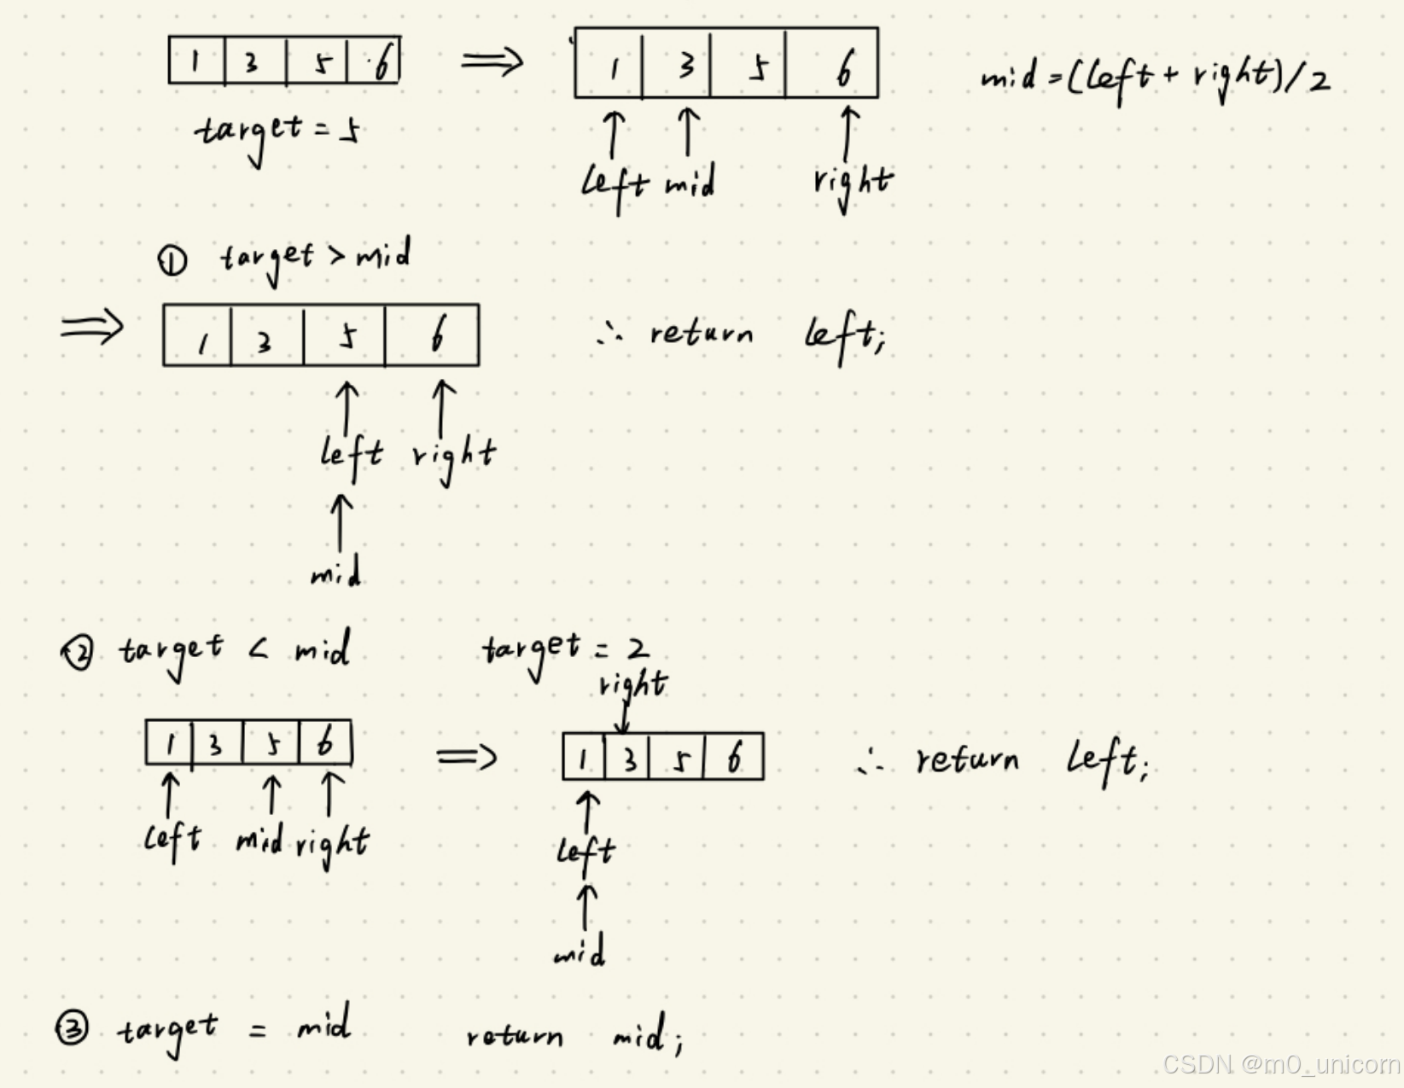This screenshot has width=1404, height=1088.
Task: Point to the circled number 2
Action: (78, 655)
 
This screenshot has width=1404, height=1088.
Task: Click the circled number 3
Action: (72, 1028)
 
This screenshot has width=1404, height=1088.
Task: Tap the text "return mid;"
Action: (574, 1036)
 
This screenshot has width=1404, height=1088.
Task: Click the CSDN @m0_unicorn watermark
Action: (1280, 1064)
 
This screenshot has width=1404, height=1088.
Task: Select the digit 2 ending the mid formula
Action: (1318, 81)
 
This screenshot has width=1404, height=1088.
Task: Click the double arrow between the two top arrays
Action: (492, 61)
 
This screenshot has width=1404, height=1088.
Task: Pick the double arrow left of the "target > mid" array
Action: (92, 327)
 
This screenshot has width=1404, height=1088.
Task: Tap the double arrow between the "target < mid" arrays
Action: (466, 757)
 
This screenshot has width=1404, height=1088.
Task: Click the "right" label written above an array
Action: (632, 684)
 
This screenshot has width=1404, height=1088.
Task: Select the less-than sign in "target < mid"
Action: (259, 651)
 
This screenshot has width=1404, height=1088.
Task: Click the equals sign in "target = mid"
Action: (258, 1031)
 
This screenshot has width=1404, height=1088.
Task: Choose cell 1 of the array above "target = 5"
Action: (196, 61)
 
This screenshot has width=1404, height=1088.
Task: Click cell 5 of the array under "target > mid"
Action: (345, 336)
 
